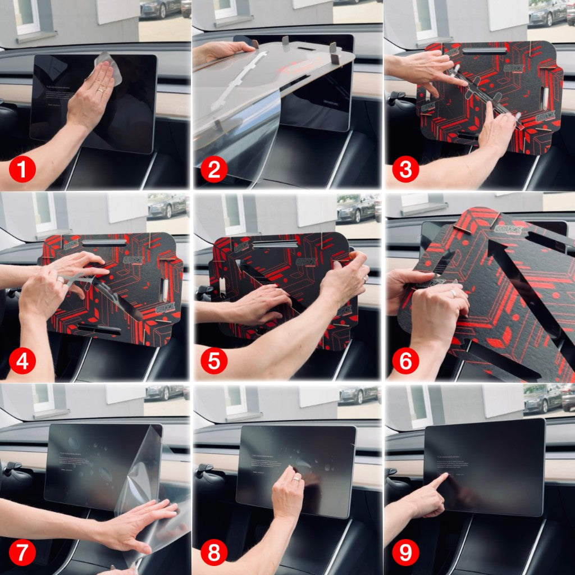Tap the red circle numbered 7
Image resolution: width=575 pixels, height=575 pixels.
pos(22,553)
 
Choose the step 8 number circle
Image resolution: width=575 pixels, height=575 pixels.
pos(214,553)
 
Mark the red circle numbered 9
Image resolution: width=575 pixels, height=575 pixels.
pos(405,553)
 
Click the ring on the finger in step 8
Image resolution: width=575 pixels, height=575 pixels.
pos(295,480)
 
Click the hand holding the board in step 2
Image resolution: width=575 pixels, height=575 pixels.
pos(222,52)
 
